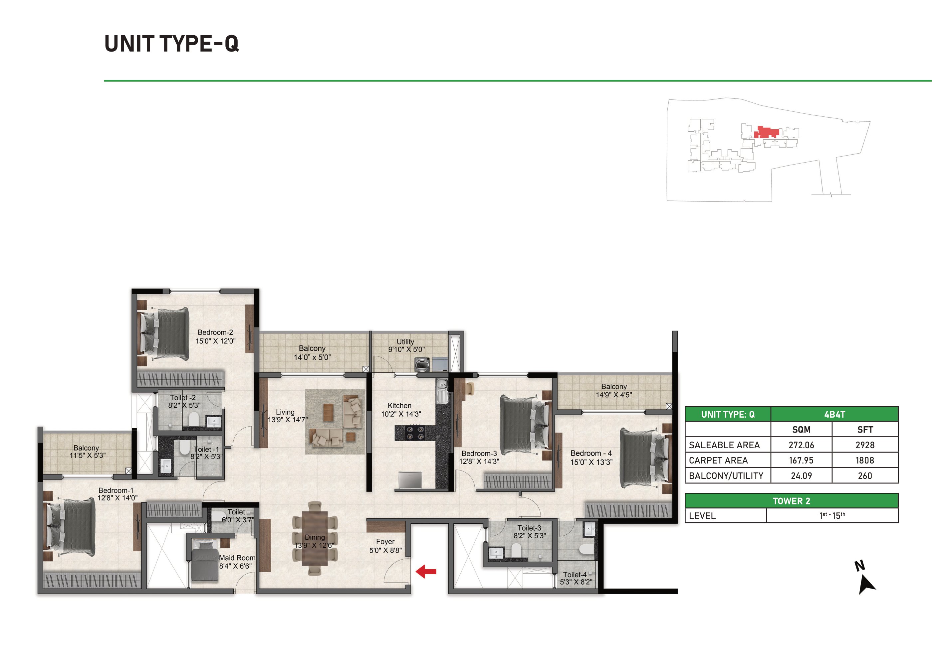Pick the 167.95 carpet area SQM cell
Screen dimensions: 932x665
[x=801, y=460]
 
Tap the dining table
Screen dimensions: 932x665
[x=315, y=538]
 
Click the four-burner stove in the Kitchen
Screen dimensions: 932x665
[x=414, y=433]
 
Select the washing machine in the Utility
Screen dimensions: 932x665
[x=422, y=364]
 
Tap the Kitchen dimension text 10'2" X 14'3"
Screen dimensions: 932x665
[x=400, y=414]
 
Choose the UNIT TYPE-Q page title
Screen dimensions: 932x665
[x=171, y=44]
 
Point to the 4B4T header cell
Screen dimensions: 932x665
[x=834, y=414]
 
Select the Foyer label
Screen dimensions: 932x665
[x=385, y=542]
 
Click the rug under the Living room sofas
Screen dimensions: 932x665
[x=335, y=421]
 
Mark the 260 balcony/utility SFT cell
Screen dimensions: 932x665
[x=865, y=476]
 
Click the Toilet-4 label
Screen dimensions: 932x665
[x=575, y=575]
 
